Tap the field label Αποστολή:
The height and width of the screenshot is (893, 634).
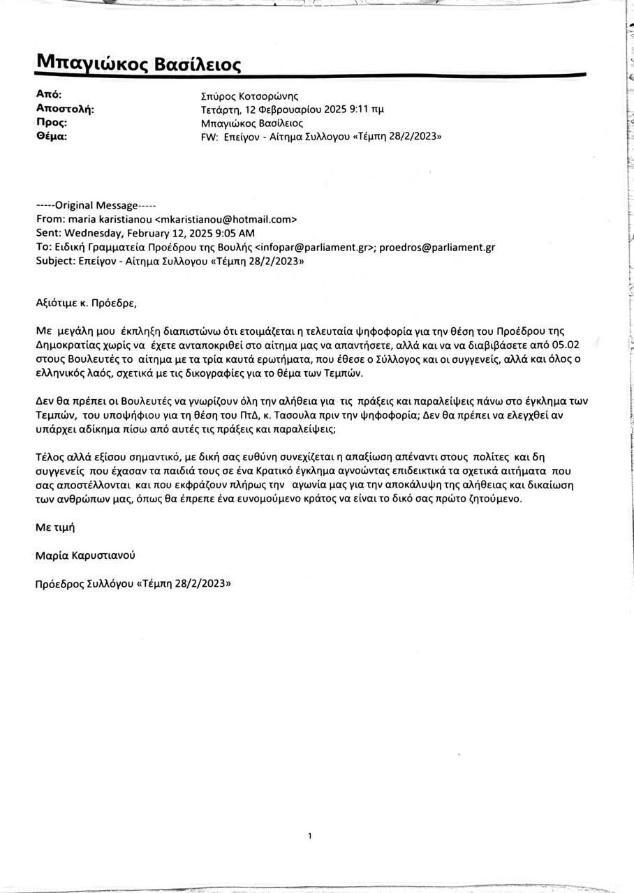coord(64,109)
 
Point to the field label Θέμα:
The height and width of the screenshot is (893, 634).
coord(51,136)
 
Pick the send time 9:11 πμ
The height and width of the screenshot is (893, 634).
coord(368,110)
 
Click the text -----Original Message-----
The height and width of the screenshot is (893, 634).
coord(96,205)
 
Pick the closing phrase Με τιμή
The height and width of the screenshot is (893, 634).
coord(54,527)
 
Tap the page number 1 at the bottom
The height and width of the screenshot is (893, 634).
coord(309,835)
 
